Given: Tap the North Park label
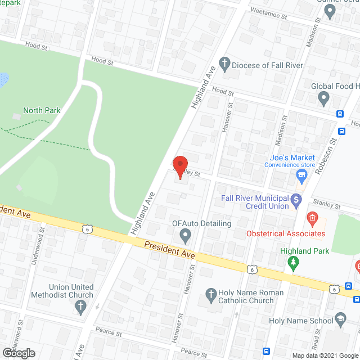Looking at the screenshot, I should tap(42, 110).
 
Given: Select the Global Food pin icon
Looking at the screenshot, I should tap(323, 99).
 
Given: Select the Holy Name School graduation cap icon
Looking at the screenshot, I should tap(340, 321).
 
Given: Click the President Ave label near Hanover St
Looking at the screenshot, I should tap(169, 250).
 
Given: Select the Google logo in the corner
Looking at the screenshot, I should tap(19, 353).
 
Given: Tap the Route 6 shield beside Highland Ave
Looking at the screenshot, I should tap(86, 228).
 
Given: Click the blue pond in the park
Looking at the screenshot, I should tap(3, 80).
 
